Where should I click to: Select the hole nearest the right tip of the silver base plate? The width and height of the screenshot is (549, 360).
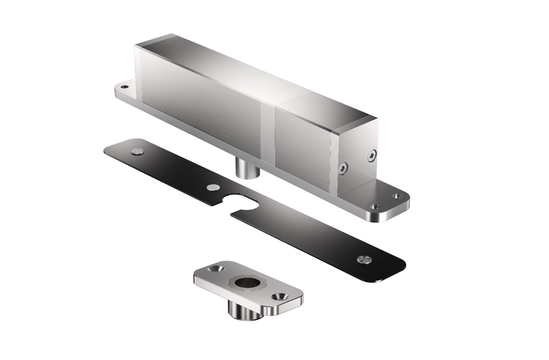(397, 196)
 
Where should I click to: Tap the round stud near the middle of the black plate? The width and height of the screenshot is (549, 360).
(213, 188)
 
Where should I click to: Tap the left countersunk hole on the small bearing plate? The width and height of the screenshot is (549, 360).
(215, 269)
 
